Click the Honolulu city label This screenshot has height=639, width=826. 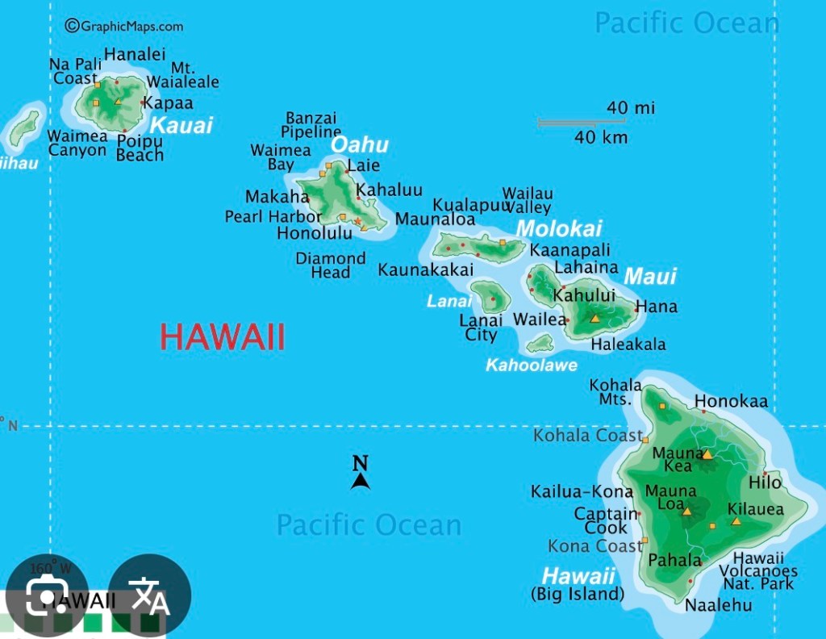[315, 233]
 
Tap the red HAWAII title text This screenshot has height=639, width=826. [223, 336]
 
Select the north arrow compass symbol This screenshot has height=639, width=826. [361, 474]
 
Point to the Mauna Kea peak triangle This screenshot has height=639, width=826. [707, 454]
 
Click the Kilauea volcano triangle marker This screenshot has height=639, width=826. [736, 521]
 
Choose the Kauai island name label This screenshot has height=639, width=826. [181, 125]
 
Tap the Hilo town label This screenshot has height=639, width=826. [765, 482]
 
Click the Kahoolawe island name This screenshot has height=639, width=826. [531, 365]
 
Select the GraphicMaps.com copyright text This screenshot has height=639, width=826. [124, 26]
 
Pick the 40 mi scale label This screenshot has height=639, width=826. [631, 108]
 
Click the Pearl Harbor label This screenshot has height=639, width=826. [273, 216]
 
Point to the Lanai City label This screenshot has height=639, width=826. [481, 327]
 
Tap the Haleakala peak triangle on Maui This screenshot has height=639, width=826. [595, 319]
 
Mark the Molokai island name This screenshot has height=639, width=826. [558, 229]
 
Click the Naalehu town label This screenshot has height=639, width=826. [718, 605]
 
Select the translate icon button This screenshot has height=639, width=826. [149, 596]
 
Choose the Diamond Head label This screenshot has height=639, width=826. [331, 265]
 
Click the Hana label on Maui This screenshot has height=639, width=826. [657, 307]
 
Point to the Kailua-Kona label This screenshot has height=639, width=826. [582, 491]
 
